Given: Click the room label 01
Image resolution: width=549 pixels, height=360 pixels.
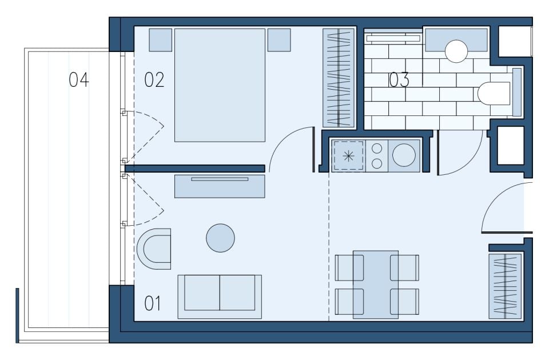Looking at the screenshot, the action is [x=153, y=303].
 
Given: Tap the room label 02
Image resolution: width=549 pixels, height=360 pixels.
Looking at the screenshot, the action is [x=154, y=80].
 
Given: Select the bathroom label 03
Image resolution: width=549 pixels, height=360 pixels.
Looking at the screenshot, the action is [x=399, y=80].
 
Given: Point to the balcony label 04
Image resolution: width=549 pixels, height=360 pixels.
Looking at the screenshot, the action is [x=79, y=80].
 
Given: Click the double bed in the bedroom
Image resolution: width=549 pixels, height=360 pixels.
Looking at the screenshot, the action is [x=220, y=85].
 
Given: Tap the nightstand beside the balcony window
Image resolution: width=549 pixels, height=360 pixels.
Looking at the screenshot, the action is [x=160, y=40].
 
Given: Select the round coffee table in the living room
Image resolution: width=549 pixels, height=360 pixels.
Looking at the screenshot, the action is [x=220, y=238].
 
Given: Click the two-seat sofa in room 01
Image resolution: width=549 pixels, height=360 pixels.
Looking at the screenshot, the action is [x=220, y=297].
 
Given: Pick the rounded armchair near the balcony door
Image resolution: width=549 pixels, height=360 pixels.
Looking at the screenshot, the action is [x=154, y=249].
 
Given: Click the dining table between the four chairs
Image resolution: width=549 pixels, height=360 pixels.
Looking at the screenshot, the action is [x=376, y=285].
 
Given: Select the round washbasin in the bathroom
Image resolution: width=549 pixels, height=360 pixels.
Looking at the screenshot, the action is [x=456, y=51].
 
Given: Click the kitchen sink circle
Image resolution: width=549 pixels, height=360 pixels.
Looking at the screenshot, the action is [x=404, y=155].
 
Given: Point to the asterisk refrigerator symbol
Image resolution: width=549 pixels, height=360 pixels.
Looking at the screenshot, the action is [x=348, y=156].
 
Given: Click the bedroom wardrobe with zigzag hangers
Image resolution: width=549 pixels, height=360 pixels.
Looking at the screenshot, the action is [x=339, y=78].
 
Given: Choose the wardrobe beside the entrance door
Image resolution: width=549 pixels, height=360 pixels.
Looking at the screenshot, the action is [x=505, y=286].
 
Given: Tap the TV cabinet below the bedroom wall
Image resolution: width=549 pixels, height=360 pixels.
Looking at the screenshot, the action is [x=220, y=186].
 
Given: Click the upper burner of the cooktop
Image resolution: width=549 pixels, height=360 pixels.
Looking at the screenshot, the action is [x=377, y=149].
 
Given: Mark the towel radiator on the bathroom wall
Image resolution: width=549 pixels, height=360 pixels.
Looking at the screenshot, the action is [x=393, y=38].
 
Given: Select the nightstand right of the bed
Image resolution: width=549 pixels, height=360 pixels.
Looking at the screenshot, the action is [x=279, y=40].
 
